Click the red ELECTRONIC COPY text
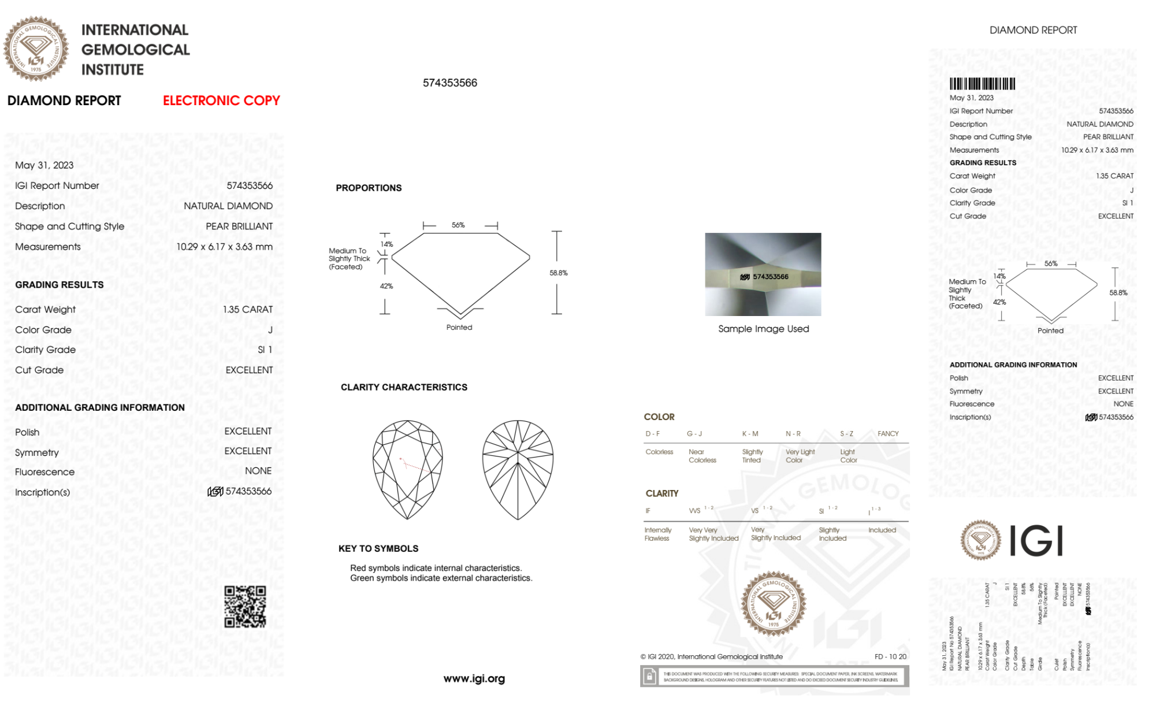coord(221,101)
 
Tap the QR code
coord(245,607)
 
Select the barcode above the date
coord(982,84)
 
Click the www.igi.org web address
coord(474,679)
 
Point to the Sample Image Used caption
coord(763,329)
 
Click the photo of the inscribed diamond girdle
coord(763,274)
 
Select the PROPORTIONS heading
coord(369,188)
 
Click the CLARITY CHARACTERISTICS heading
coord(404,387)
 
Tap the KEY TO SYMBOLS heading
coord(378,548)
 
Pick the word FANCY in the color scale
coord(888,433)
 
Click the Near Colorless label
coord(702,456)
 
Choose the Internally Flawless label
coord(657,534)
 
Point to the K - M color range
coord(750,433)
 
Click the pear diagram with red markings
coord(408,469)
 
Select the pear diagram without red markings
coord(518,469)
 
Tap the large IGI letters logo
coord(1036,541)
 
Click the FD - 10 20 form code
coord(890,656)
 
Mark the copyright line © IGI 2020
coord(711,656)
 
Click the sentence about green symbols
coord(441,578)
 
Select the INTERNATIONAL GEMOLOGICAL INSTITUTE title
coord(135,50)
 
